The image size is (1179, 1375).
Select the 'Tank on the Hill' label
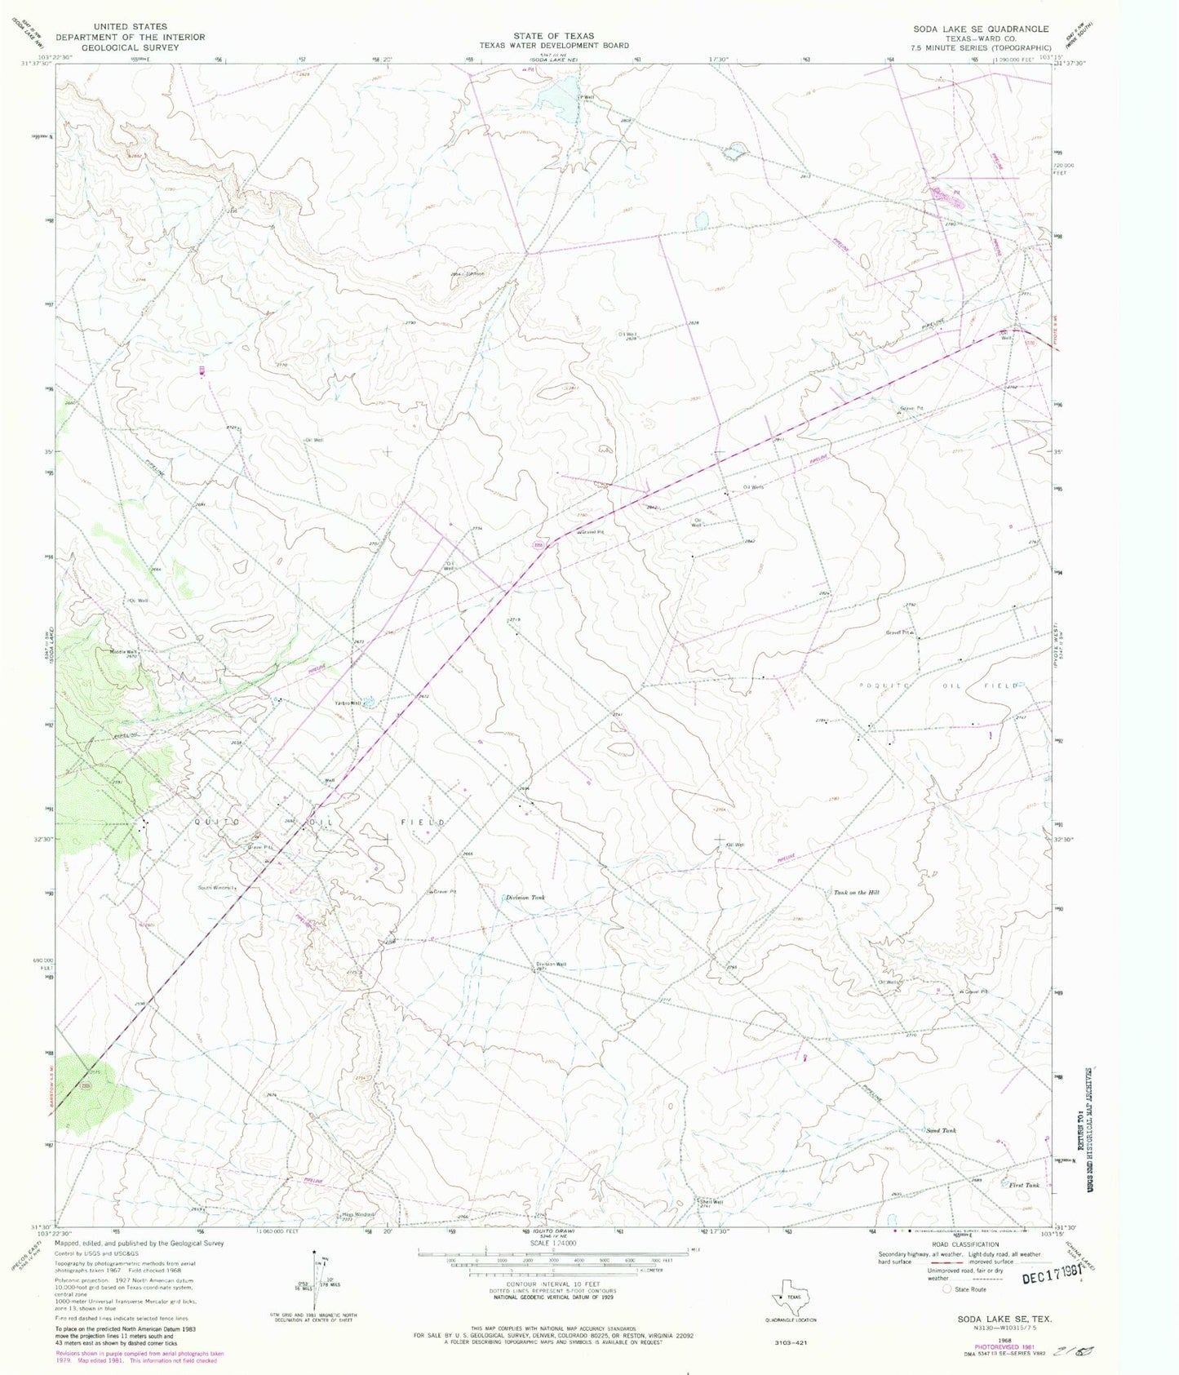(856, 892)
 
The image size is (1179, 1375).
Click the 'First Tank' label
(1024, 1185)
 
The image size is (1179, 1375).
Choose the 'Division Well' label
(551, 964)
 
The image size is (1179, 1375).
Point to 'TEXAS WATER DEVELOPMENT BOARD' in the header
(553, 46)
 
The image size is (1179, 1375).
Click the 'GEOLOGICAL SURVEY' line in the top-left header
(131, 47)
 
